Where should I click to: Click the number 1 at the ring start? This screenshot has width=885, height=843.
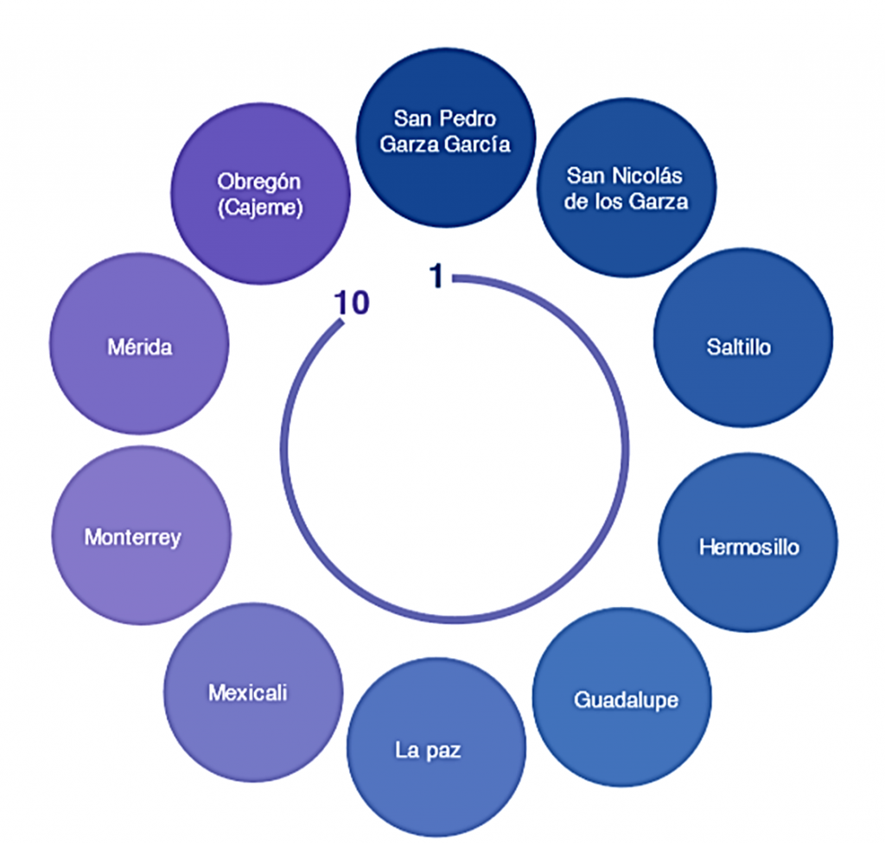click(437, 277)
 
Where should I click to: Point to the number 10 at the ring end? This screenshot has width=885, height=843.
click(353, 303)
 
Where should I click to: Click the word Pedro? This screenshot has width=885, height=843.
click(472, 118)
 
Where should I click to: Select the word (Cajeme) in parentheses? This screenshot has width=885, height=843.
click(260, 208)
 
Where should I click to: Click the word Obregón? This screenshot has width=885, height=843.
click(260, 182)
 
